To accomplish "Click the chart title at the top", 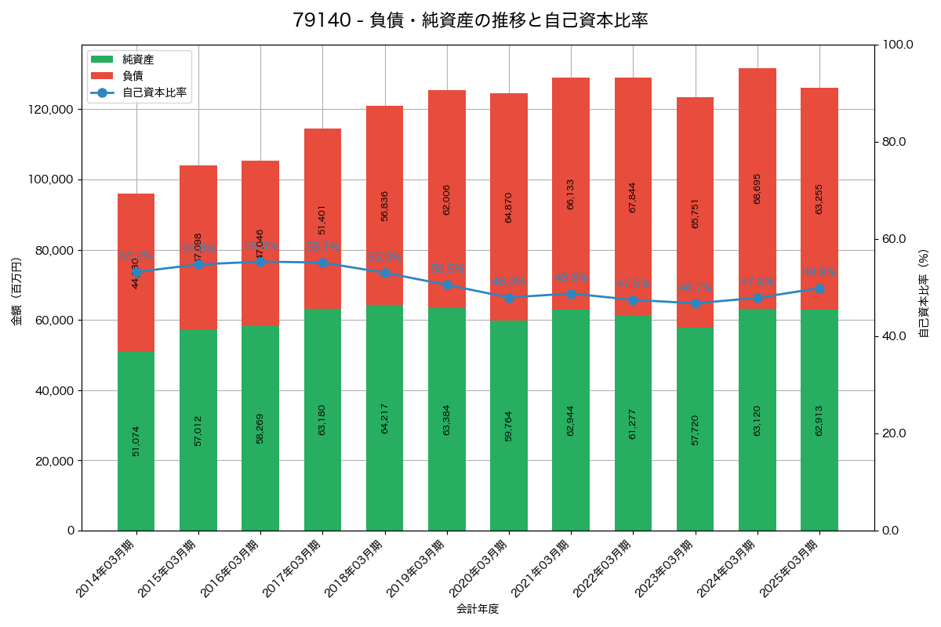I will pyautogui.click(x=470, y=20).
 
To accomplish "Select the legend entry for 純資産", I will pyautogui.click(x=137, y=60).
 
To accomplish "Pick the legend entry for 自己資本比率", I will pyautogui.click(x=154, y=92).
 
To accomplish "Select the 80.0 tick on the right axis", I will pyautogui.click(x=894, y=142).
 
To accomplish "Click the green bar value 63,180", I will pyautogui.click(x=322, y=419).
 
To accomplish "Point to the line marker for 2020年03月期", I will pyautogui.click(x=509, y=298).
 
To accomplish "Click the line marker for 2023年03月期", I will pyautogui.click(x=695, y=303).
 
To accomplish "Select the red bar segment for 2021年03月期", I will pyautogui.click(x=571, y=194).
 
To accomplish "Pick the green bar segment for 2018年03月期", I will pyautogui.click(x=384, y=418).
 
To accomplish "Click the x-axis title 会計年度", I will pyautogui.click(x=478, y=608).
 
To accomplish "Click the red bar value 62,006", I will pyautogui.click(x=447, y=200).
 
